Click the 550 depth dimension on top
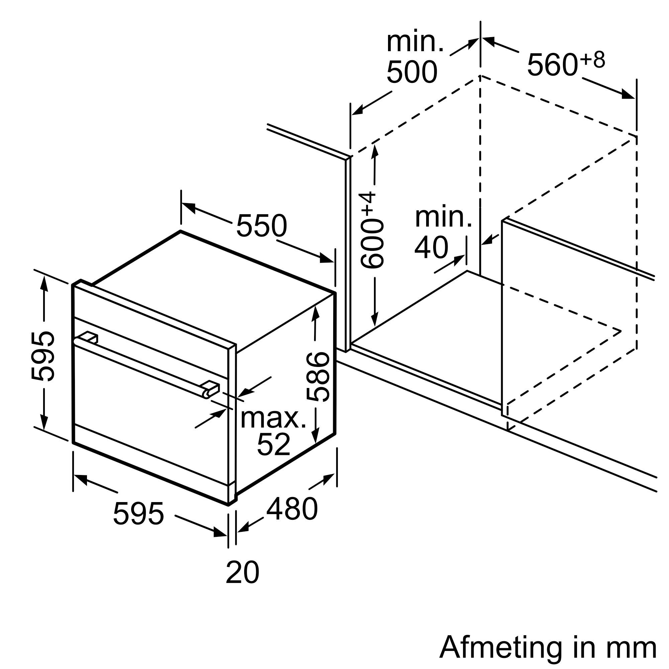point(262,225)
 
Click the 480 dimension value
point(292,509)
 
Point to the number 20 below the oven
point(242,573)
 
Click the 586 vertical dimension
point(318,377)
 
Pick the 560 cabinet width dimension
point(552,65)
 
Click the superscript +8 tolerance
point(593,60)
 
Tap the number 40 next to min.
point(431,248)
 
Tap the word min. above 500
point(415,42)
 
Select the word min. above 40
point(443,217)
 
